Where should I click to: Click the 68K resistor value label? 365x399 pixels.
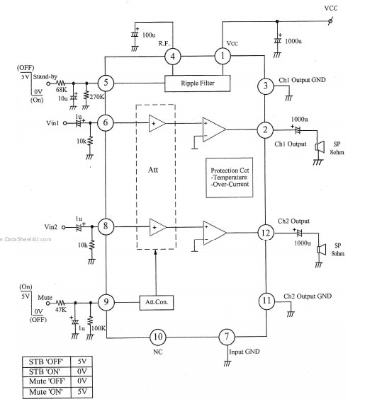[x=61, y=90]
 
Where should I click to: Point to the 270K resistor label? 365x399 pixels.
[x=97, y=97]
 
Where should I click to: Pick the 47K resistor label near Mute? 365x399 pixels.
[x=61, y=310]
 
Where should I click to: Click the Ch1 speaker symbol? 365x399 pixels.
[x=320, y=147]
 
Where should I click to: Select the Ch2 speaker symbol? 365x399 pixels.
[x=322, y=250]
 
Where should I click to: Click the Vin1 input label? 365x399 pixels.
[x=52, y=123]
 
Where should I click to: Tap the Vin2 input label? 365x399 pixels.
[x=51, y=227]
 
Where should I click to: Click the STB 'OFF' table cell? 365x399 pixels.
[x=46, y=362]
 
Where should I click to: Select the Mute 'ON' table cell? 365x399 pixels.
[x=46, y=392]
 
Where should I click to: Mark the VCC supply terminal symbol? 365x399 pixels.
[x=330, y=21]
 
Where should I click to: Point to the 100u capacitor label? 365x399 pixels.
[x=149, y=35]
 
